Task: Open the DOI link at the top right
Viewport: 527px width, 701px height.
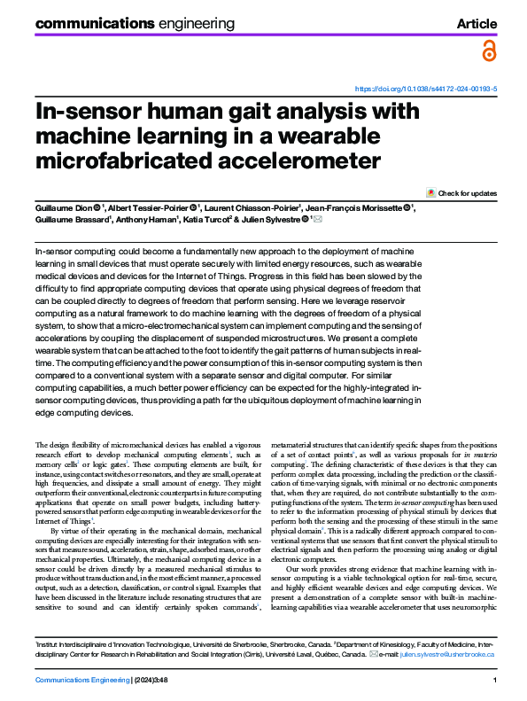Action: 425,90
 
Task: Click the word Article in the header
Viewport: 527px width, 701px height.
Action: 477,23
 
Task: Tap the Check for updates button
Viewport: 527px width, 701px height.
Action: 461,193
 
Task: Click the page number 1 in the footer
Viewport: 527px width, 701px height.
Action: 493,679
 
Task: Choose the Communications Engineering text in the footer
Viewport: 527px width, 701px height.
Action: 81,679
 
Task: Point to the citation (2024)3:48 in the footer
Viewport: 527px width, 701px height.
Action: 159,679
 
